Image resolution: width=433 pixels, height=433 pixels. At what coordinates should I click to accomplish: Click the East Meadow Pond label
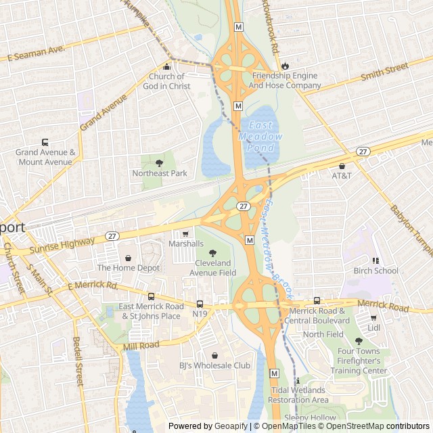[x=261, y=137]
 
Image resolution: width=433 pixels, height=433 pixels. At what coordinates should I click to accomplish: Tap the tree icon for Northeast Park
[x=160, y=163]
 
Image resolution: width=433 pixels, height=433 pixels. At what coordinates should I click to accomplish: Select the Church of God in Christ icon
[x=167, y=66]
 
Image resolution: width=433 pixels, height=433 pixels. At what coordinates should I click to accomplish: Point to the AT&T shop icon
[x=342, y=166]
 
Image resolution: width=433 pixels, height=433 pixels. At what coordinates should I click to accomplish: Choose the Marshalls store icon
[x=186, y=233]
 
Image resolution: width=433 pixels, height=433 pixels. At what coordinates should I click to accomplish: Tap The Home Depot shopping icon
[x=128, y=258]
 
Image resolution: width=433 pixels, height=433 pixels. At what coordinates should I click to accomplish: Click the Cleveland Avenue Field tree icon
[x=213, y=252]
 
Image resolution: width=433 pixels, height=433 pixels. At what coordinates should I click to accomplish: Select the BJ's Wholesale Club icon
[x=214, y=355]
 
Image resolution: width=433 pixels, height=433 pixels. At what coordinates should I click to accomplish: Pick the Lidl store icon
[x=373, y=317]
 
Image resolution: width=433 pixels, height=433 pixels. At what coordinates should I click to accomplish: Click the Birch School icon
[x=376, y=260]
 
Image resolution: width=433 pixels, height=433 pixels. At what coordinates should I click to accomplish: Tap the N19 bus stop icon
[x=200, y=304]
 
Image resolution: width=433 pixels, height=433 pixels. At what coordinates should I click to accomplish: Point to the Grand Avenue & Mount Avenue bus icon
[x=45, y=142]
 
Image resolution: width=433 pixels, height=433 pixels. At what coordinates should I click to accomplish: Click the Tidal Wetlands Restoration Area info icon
[x=297, y=380]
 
